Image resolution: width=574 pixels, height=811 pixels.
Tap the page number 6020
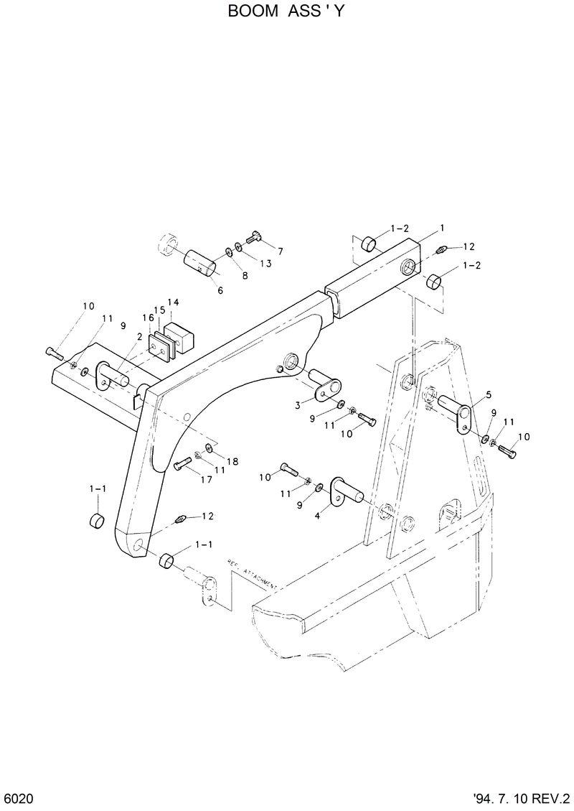pyautogui.click(x=18, y=800)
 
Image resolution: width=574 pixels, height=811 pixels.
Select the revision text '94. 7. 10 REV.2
pyautogui.click(x=521, y=800)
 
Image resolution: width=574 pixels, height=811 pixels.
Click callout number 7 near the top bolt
pyautogui.click(x=280, y=251)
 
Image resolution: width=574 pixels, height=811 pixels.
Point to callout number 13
pyautogui.click(x=265, y=264)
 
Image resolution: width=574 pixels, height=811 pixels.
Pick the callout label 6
pyautogui.click(x=220, y=290)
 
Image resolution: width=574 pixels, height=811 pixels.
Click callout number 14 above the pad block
pyautogui.click(x=173, y=302)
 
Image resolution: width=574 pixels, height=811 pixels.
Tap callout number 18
pyautogui.click(x=232, y=460)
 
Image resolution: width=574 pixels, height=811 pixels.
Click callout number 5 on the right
pyautogui.click(x=488, y=394)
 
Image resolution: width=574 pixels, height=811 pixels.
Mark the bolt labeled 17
pyautogui.click(x=184, y=463)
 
